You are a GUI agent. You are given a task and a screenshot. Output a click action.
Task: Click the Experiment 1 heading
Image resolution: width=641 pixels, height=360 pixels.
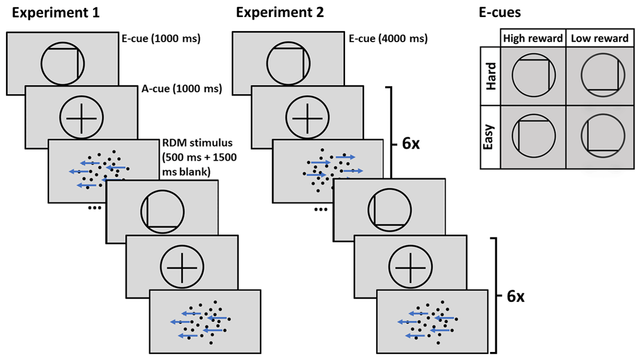(56, 13)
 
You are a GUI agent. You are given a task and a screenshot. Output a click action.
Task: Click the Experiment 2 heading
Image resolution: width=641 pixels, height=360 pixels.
(280, 13)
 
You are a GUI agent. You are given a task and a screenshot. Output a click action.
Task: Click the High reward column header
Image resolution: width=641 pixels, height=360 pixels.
(532, 38)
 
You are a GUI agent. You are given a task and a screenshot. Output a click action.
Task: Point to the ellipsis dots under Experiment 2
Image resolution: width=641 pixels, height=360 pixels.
(320, 209)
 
